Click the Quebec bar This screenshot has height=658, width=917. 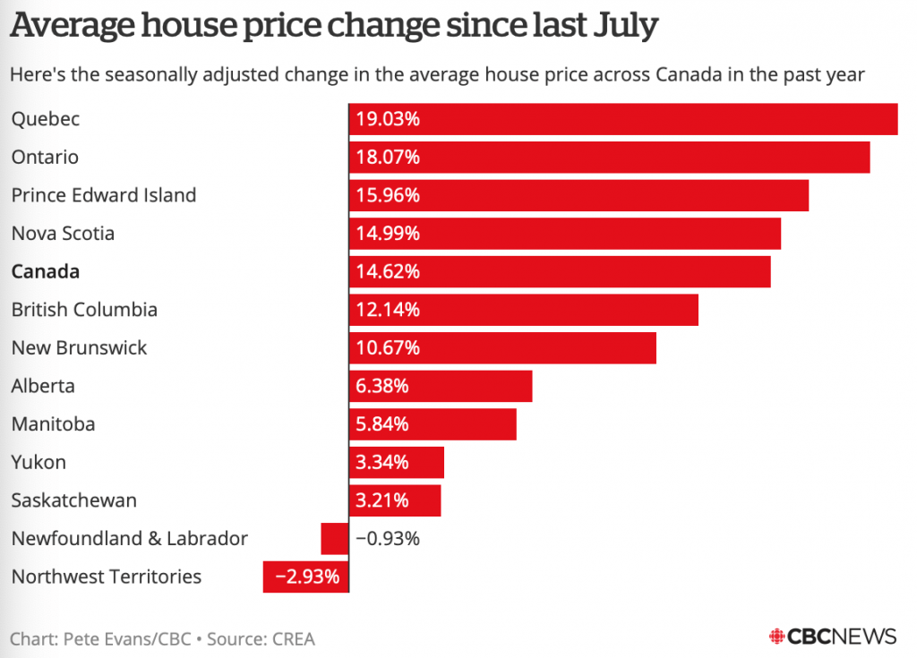point(623,119)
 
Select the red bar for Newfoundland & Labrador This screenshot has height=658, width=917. point(334,539)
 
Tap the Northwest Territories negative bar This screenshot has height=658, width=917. point(305,577)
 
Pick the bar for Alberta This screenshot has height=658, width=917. point(441,387)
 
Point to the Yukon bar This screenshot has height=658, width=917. point(397,463)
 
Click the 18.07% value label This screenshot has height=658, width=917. point(388,158)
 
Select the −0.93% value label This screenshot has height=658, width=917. point(388,539)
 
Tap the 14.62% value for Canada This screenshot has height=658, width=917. point(388,271)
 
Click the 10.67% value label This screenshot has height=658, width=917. point(388,348)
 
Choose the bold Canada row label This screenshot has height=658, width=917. point(46,271)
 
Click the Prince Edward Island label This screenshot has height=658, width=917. point(104,195)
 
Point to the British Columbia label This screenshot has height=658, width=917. point(84,310)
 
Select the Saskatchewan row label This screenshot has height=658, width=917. point(74,500)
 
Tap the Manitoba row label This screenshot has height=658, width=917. point(53,424)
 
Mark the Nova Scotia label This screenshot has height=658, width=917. point(63,234)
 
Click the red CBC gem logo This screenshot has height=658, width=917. point(776,637)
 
